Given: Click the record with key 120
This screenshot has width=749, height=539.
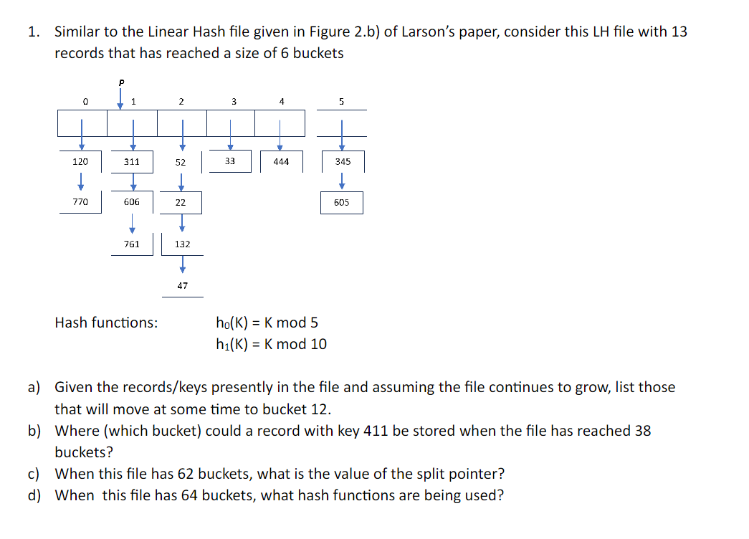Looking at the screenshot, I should tap(80, 162).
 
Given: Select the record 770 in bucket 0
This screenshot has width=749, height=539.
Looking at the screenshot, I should tap(80, 202).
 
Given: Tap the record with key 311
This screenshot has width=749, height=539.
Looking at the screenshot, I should tap(132, 162).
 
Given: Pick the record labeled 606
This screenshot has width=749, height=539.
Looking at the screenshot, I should tap(132, 202).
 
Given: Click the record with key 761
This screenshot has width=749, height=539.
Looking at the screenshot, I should tap(132, 244).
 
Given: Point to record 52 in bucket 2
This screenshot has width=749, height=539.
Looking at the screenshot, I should tap(181, 163).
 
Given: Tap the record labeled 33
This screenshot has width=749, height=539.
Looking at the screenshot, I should tap(229, 161).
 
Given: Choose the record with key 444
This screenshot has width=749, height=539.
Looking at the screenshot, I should tap(281, 162).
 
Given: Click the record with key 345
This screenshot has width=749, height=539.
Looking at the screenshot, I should tap(342, 162).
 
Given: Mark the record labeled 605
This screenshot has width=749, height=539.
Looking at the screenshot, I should tap(342, 202).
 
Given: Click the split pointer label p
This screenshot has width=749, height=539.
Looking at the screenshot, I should tap(121, 82).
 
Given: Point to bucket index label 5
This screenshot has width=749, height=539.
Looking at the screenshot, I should tap(341, 102).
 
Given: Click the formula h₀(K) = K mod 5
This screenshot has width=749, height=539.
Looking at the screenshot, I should tap(267, 323).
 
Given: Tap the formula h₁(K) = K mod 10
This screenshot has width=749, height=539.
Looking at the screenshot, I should tap(271, 344).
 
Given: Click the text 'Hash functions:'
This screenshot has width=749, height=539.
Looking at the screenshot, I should tap(107, 323).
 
